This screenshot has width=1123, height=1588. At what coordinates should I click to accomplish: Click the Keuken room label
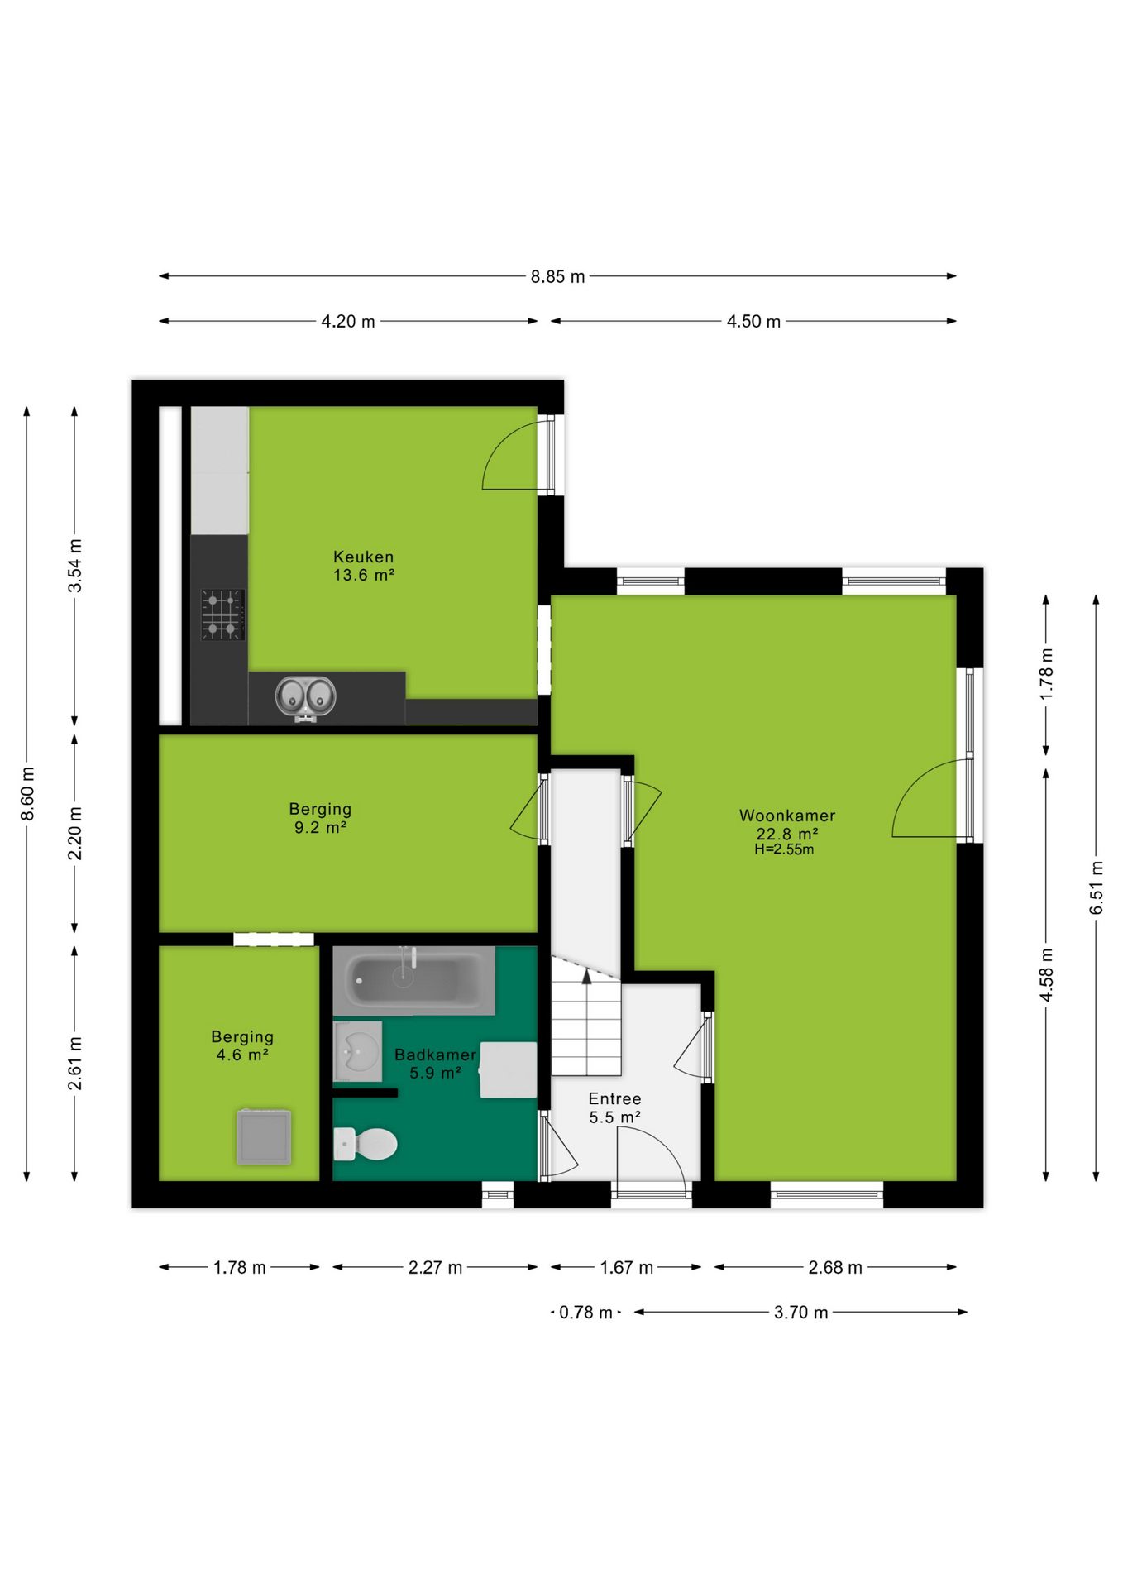[x=363, y=557]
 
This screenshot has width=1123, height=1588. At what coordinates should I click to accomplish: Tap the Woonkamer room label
[x=787, y=816]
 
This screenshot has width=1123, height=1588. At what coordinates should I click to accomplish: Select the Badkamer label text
[x=435, y=1055]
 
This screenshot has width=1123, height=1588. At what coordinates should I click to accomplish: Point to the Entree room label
[x=614, y=1098]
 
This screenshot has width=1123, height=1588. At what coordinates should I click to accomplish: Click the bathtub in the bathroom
[x=413, y=981]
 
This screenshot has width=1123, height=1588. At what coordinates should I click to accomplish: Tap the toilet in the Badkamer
[x=366, y=1145]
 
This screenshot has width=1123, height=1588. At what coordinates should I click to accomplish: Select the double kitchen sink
[x=305, y=696]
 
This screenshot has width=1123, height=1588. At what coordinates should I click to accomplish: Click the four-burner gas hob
[x=222, y=615]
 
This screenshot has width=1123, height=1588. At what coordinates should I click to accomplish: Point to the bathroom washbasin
[x=357, y=1051]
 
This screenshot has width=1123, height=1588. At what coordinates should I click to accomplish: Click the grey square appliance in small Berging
[x=264, y=1136]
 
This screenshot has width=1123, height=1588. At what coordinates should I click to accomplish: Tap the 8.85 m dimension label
[x=557, y=276]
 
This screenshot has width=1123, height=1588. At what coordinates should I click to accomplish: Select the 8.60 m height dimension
[x=27, y=794]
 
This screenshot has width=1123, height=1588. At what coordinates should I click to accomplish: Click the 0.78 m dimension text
[x=585, y=1313]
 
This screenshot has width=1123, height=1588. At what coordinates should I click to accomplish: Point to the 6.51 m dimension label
[x=1097, y=887]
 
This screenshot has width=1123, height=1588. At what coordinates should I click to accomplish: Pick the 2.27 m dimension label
[x=435, y=1268]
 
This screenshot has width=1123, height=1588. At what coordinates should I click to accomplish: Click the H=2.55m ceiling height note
[x=784, y=849]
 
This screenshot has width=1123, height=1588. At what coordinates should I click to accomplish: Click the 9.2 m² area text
[x=320, y=827]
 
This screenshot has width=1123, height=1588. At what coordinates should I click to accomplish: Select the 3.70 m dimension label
[x=800, y=1313]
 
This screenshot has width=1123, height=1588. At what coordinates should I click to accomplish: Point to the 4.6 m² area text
[x=242, y=1055]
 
